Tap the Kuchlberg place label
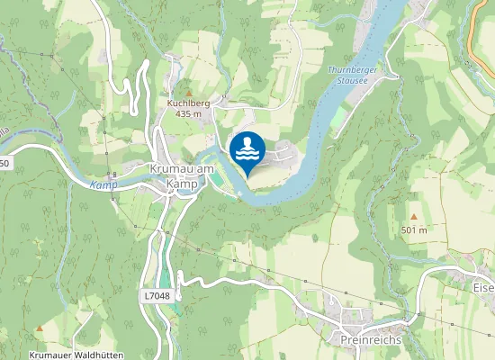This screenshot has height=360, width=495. point(188,103)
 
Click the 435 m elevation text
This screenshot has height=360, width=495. point(188,114)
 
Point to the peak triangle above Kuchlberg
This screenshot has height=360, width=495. point(189,92)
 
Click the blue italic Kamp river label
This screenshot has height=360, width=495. point(103,184)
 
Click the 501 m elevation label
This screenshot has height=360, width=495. point(414,230)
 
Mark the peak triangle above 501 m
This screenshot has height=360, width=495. point(414,217)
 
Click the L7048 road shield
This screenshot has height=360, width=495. point(156,295)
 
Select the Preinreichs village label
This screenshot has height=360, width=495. point(372,339)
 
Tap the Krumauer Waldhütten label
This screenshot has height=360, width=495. point(75,355)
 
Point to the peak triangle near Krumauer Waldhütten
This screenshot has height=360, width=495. point(40,328)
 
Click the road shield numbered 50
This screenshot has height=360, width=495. point(4,163)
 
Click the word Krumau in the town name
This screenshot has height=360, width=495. point(167,169)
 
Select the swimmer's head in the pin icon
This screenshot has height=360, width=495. point(247,142)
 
